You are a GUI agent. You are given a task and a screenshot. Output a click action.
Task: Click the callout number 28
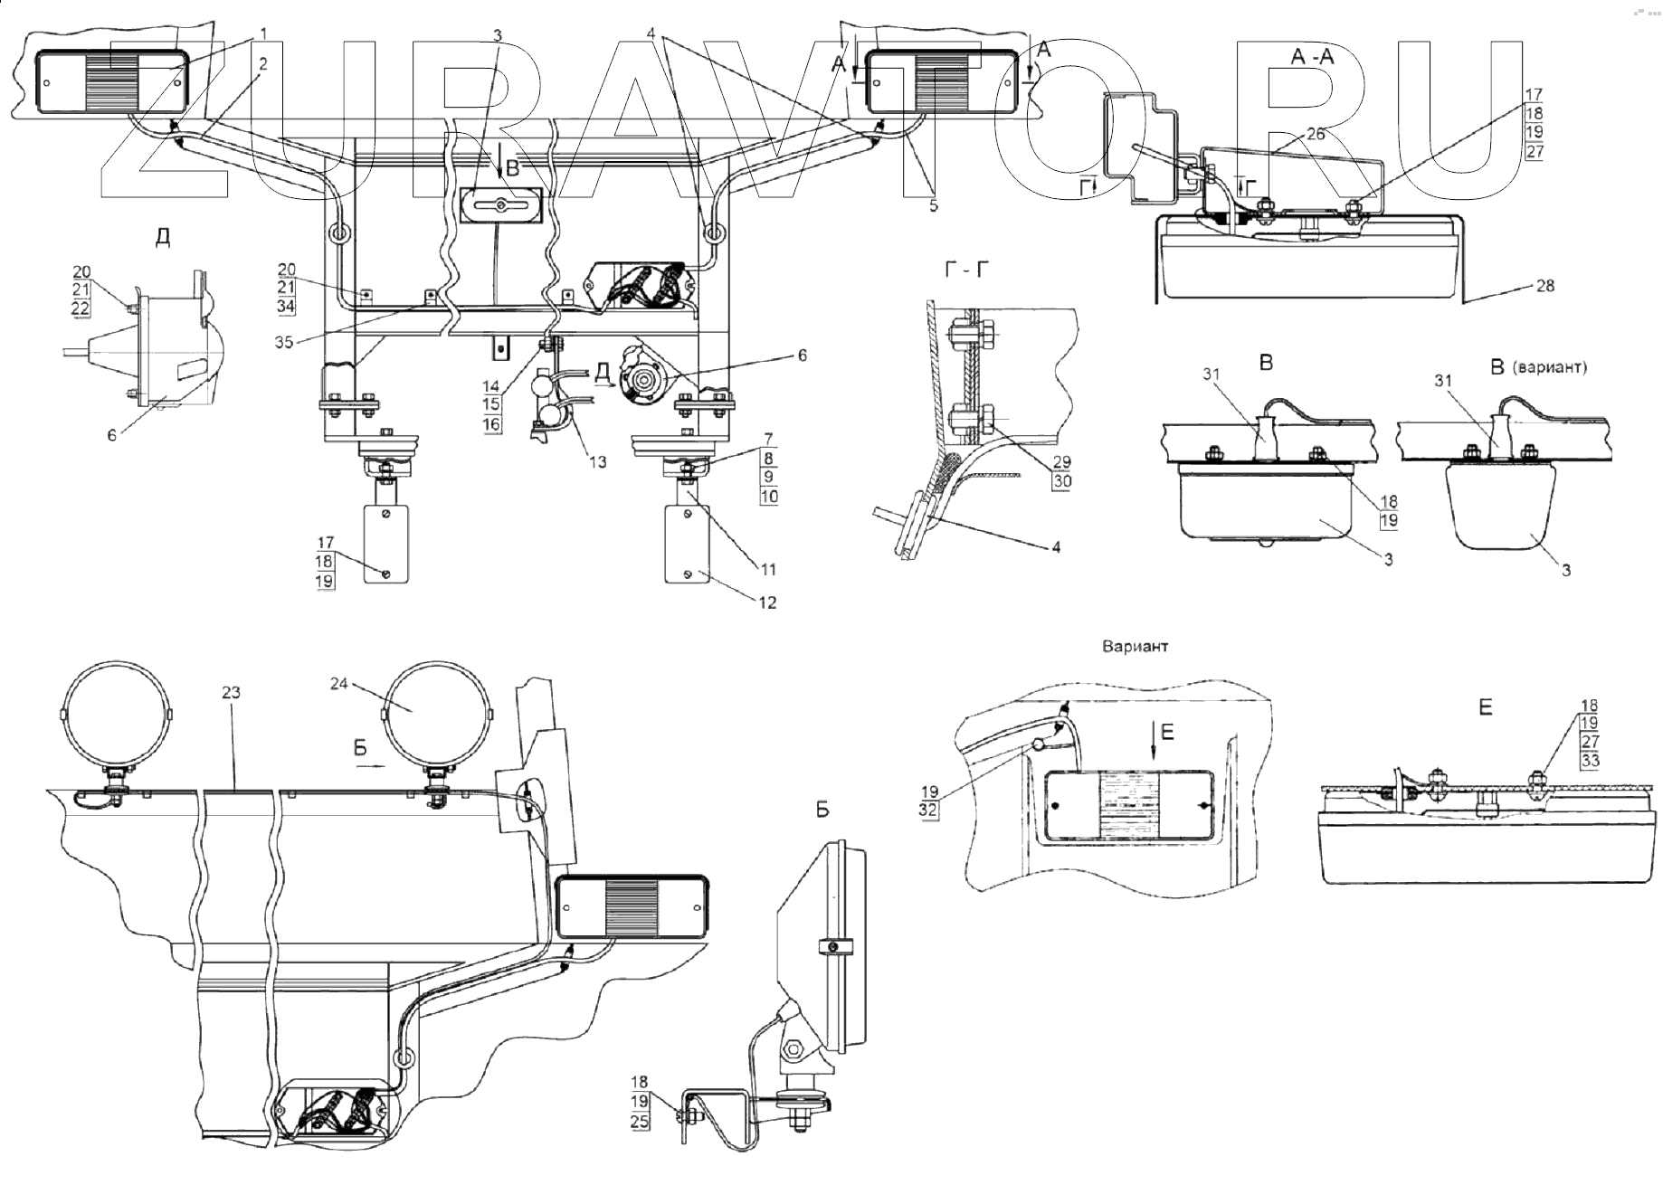1545,286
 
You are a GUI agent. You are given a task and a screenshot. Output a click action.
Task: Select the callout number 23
231,692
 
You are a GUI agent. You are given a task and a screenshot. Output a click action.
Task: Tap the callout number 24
338,684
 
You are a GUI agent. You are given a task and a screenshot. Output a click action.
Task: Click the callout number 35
284,343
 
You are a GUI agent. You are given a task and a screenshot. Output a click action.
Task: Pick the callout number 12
767,602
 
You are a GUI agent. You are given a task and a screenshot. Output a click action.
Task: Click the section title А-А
1312,57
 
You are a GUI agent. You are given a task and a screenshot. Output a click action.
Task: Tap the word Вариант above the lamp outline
1135,647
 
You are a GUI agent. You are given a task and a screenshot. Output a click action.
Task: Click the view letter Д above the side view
163,237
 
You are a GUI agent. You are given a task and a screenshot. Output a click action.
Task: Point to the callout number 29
1061,462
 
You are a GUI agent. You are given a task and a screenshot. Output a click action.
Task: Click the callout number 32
928,811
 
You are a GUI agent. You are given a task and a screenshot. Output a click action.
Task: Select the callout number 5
933,206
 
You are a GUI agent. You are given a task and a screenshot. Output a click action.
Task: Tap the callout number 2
262,63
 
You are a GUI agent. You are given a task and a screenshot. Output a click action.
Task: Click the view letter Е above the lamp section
1485,707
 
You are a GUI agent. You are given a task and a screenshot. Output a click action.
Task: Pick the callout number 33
1589,761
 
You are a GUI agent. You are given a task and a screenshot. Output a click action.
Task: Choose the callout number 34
287,307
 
